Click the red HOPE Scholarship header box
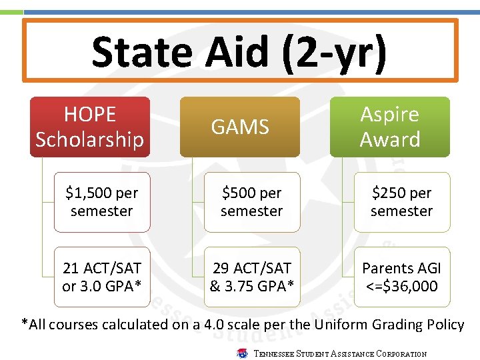coord(90,127)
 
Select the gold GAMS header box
coord(240,127)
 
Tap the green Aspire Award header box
coord(390,127)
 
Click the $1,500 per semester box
coord(102,202)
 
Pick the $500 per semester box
coord(252,202)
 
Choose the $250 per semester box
coord(402,202)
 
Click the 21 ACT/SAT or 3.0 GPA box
coord(102,277)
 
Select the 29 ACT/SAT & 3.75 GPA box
coord(252,277)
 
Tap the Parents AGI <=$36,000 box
coord(402,277)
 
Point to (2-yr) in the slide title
coord(333,53)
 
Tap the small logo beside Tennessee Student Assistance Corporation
coord(243,353)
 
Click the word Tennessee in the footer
coord(275,354)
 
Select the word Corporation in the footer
coord(401,354)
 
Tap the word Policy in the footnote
coord(447,325)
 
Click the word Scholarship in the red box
coord(90,139)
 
